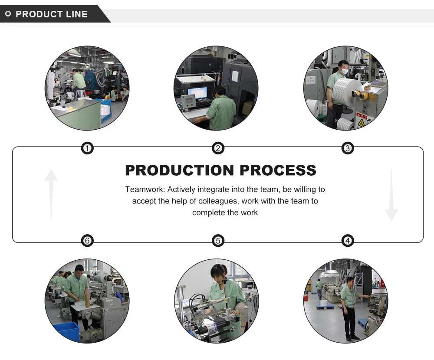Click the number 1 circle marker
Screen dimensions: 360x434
tap(88, 149)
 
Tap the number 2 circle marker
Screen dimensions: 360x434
tap(218, 149)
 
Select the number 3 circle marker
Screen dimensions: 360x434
tap(347, 149)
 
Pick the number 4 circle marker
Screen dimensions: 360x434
tap(347, 240)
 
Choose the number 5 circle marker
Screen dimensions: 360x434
tap(218, 240)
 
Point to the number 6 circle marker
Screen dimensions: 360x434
tap(88, 240)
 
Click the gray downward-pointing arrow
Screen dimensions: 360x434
tap(391, 195)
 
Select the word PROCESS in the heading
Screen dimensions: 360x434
tap(278, 170)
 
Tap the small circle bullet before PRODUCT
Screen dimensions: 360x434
tap(8, 14)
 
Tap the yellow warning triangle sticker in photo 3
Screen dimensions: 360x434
tap(361, 123)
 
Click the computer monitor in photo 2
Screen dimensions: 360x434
tap(197, 93)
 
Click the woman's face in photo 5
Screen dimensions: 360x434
tap(218, 274)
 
